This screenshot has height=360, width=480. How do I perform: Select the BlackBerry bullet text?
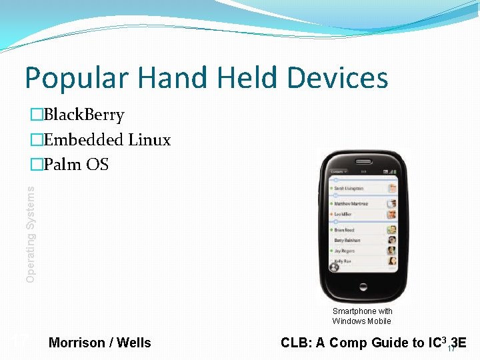click(83, 115)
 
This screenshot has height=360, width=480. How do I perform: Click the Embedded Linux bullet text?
click(107, 140)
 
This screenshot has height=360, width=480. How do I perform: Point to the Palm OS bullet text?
click(75, 164)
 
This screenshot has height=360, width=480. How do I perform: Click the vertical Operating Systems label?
click(31, 233)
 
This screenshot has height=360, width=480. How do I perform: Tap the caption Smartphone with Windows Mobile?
click(362, 316)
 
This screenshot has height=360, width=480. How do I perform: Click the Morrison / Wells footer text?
click(100, 343)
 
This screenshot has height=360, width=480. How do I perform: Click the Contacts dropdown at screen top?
click(338, 171)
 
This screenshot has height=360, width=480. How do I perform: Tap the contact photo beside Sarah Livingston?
click(391, 189)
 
